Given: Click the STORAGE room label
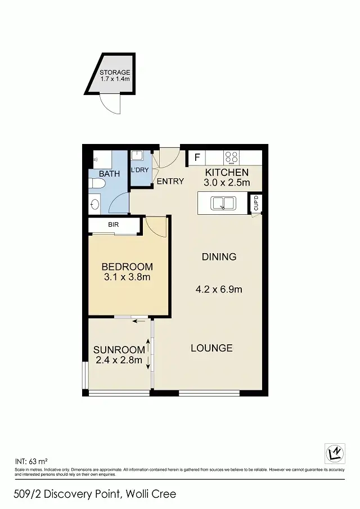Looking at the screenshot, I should pos(115,73).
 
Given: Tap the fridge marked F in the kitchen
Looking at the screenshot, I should pos(196,157).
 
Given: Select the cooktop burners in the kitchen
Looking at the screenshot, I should pos(231,157).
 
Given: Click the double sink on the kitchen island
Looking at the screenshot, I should pos(223,202).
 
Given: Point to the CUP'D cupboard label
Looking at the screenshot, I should pos(256,203).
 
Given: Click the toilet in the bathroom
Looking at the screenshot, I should pos(95,203).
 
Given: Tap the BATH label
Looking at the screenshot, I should pos(109,174).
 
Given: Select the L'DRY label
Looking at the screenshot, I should pos(139,170).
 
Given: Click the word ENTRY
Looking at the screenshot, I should pos(170,181).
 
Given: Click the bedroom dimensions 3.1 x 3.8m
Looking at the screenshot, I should pos(127,277).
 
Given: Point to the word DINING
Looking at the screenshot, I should pos(219,257).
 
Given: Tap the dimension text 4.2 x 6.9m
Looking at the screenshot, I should pos(219,290).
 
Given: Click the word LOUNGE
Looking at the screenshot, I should pos(211,348).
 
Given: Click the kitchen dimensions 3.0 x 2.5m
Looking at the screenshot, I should pos(226,182).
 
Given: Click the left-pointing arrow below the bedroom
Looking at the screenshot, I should pos(138,322).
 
